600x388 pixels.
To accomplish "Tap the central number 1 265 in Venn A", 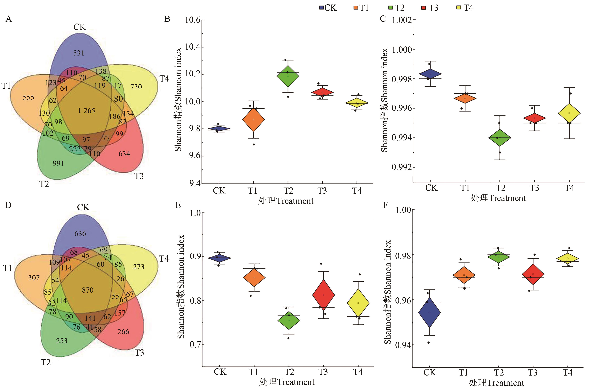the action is (x=86, y=111).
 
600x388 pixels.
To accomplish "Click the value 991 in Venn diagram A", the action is (x=58, y=163).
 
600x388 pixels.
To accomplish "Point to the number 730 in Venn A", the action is (x=136, y=87).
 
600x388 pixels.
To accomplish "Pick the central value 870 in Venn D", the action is (x=88, y=290).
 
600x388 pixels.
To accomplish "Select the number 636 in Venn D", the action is (x=80, y=234).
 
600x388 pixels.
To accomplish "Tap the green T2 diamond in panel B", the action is (x=288, y=76).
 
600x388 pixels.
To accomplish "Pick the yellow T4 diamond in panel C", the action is (x=569, y=113).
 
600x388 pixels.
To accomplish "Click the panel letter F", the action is (x=385, y=205).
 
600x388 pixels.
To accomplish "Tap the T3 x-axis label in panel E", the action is (x=323, y=372).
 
